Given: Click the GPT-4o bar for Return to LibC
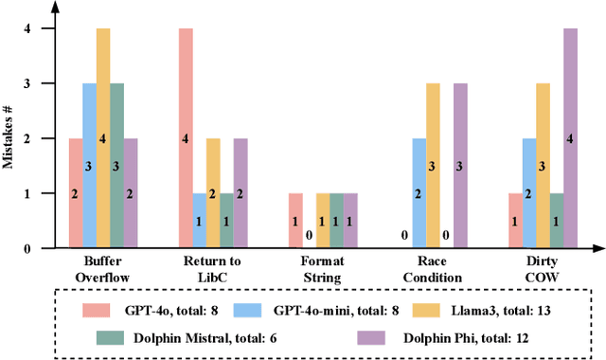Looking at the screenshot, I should point(186,138).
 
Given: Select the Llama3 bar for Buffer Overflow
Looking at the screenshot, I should point(102,138).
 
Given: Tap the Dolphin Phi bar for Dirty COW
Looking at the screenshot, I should point(570,138).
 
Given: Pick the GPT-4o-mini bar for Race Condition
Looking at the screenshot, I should point(418,193).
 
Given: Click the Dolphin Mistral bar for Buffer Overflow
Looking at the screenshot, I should point(116,166).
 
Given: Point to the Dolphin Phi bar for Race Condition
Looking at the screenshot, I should point(459,166).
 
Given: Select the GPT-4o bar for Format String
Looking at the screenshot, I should point(294,221).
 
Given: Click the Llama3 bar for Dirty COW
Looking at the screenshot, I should point(543,166).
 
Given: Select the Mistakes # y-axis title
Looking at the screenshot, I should point(10,138).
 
